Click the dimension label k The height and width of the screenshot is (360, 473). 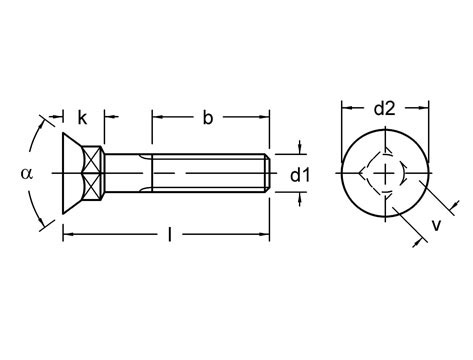(x=82, y=118)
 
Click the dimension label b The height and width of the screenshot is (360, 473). (x=208, y=118)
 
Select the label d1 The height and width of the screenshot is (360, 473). (x=301, y=176)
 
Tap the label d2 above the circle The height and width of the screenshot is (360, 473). (x=385, y=108)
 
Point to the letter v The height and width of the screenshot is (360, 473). (x=436, y=225)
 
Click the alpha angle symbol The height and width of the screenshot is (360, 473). (x=26, y=173)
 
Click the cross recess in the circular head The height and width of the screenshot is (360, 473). (x=385, y=176)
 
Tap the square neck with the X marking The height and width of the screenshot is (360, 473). (x=93, y=174)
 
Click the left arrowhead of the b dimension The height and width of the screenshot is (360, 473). (x=157, y=118)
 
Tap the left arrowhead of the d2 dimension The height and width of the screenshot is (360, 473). (x=345, y=108)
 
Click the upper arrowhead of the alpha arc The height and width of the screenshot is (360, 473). (x=44, y=122)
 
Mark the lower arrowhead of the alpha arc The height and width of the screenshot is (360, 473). (x=44, y=226)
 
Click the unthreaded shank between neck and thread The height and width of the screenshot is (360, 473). (x=128, y=174)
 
